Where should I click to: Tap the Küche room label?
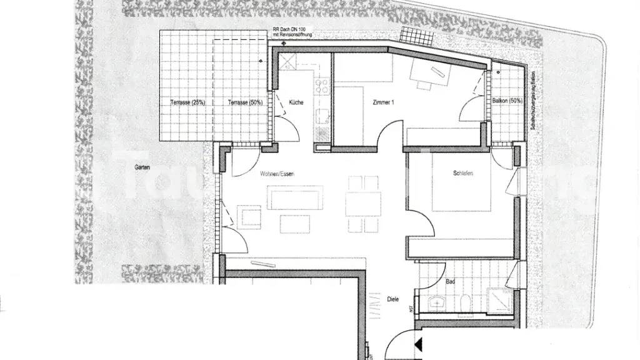tap(296, 102)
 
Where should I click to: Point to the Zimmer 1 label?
tap(382, 102)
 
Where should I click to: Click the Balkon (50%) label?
tap(507, 101)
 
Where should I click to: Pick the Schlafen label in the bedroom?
tap(463, 173)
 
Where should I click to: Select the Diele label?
tap(393, 299)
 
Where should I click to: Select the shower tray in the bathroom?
tap(499, 299)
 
